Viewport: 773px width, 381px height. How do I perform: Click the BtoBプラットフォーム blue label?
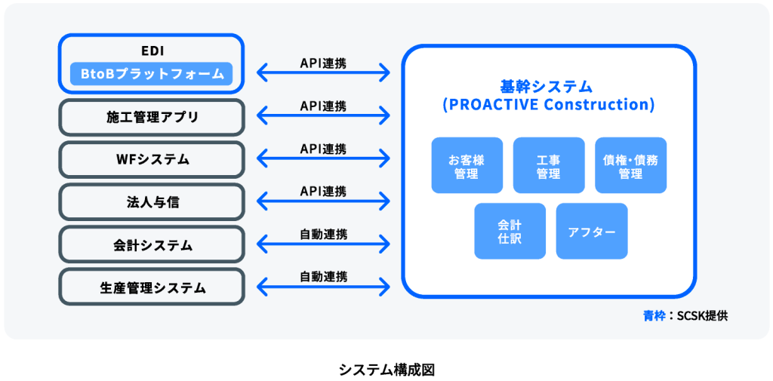tap(152, 74)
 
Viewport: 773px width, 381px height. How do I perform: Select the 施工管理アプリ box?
tap(152, 117)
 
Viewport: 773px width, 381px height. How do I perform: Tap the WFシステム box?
tap(152, 159)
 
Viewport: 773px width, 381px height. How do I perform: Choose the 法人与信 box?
tap(152, 202)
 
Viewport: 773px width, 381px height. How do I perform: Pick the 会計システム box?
tap(152, 245)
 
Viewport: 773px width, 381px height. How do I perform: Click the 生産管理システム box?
tap(152, 287)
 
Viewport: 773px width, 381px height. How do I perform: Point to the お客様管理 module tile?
tap(467, 165)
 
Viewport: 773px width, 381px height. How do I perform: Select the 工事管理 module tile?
tap(548, 165)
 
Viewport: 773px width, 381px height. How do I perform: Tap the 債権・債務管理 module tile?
tap(630, 165)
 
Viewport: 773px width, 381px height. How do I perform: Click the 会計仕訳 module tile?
tap(510, 231)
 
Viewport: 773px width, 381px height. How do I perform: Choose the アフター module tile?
tap(591, 231)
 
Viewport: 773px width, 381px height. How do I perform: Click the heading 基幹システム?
tap(548, 86)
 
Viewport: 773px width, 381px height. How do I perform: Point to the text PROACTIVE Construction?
tap(548, 104)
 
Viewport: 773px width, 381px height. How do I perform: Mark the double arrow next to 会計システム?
tap(323, 244)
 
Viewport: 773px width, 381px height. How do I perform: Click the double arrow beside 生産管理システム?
tap(323, 287)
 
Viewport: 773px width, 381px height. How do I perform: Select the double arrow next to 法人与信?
tap(323, 201)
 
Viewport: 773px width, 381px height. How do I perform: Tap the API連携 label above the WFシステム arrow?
tap(323, 149)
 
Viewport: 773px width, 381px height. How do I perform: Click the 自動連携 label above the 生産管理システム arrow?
tap(323, 276)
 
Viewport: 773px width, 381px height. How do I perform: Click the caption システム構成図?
tap(386, 370)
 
